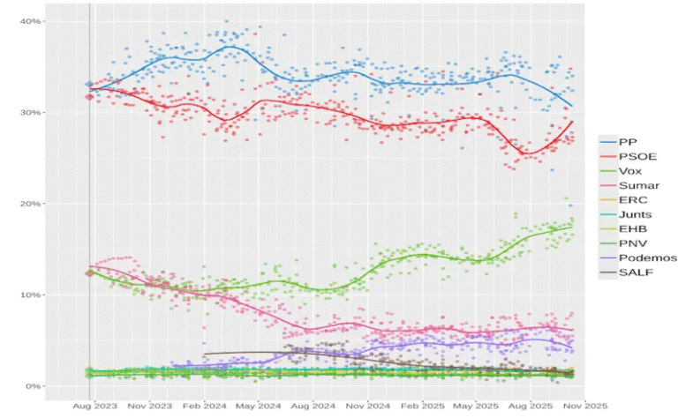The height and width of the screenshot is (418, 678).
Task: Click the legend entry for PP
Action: coord(628,141)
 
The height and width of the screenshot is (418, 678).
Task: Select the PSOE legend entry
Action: coord(633,156)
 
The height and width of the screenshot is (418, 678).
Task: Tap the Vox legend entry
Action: coord(629,170)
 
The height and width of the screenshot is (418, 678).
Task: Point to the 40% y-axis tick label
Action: coord(32,21)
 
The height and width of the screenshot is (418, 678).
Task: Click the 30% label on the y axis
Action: coord(32,112)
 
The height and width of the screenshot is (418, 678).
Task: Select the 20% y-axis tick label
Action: coord(32,204)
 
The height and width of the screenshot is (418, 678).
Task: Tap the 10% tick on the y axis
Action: coord(32,295)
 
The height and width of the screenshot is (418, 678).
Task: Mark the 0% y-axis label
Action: coord(34,386)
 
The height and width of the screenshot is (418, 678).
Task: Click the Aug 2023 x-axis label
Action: coord(92,407)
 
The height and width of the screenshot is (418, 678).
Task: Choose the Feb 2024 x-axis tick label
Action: coord(203,407)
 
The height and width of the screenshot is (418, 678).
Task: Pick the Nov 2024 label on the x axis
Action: coord(368,407)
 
